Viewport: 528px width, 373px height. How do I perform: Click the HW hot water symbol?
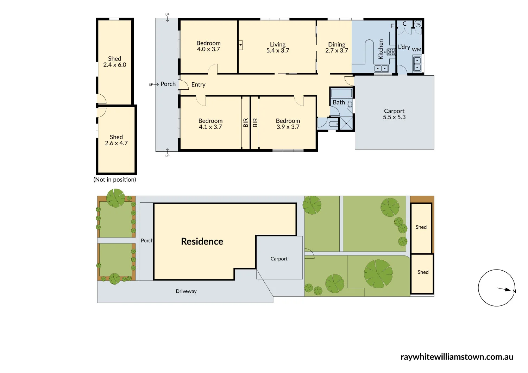(418, 24)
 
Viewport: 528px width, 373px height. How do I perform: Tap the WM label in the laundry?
(416, 50)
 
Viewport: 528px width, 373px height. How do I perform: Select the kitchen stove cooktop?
(391, 52)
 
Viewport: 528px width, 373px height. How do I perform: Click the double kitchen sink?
(381, 69)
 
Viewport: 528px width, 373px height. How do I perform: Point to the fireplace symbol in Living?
(240, 45)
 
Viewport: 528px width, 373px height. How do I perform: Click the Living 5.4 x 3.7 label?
(278, 48)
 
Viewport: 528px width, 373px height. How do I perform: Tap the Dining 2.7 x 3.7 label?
(337, 48)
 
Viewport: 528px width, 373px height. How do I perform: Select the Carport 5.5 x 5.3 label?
(394, 114)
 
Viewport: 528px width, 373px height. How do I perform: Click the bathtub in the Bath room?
(341, 93)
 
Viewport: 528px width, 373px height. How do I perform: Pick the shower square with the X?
(346, 124)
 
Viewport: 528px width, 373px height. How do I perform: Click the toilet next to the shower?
(334, 124)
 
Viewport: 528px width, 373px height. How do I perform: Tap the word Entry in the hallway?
(198, 84)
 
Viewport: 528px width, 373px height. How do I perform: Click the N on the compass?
(514, 291)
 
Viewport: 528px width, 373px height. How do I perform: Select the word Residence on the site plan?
(202, 241)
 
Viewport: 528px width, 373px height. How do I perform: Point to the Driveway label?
(186, 291)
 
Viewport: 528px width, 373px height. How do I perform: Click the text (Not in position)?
(115, 179)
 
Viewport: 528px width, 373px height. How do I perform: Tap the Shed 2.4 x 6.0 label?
(115, 62)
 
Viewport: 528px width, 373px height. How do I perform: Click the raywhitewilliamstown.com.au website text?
(457, 357)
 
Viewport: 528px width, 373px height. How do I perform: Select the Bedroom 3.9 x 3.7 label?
(288, 124)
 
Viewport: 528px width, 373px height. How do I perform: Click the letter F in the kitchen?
(392, 26)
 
